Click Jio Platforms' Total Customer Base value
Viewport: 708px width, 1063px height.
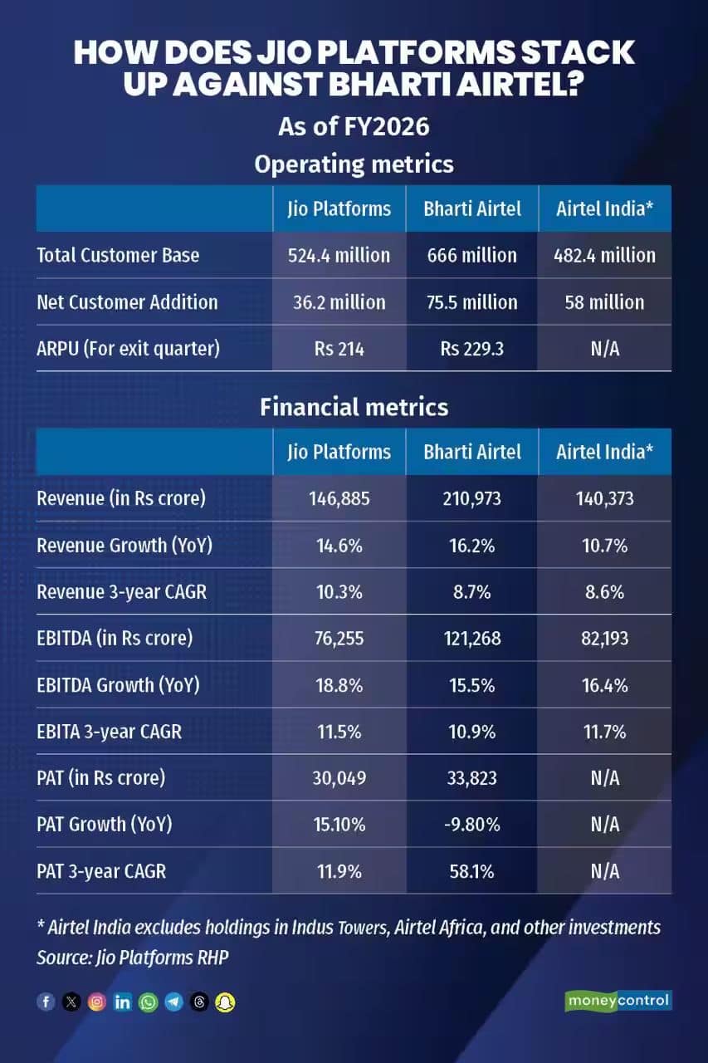339,255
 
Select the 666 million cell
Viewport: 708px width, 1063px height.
471,255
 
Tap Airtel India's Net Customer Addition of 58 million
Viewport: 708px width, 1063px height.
604,302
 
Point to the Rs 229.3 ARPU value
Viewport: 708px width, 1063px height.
471,349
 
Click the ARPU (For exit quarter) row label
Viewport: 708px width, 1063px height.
129,349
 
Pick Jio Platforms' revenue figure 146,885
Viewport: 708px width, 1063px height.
339,499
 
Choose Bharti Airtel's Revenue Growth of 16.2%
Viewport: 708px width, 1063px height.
471,546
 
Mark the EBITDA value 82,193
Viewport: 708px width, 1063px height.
604,639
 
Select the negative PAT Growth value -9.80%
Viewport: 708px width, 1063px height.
471,825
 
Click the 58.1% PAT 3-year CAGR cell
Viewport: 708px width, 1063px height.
471,872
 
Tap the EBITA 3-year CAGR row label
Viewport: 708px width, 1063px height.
109,732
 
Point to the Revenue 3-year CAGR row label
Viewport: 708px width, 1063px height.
122,592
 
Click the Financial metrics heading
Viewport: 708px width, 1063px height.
354,407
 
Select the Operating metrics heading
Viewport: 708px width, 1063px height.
354,164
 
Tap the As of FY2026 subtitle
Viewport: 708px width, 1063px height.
354,127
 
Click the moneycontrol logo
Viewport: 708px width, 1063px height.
618,1001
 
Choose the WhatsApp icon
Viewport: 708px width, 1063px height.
149,1002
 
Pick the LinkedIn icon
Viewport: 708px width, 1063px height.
122,1002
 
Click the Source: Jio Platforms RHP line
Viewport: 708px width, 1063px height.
133,958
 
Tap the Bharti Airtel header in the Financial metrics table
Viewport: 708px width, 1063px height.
471,452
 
